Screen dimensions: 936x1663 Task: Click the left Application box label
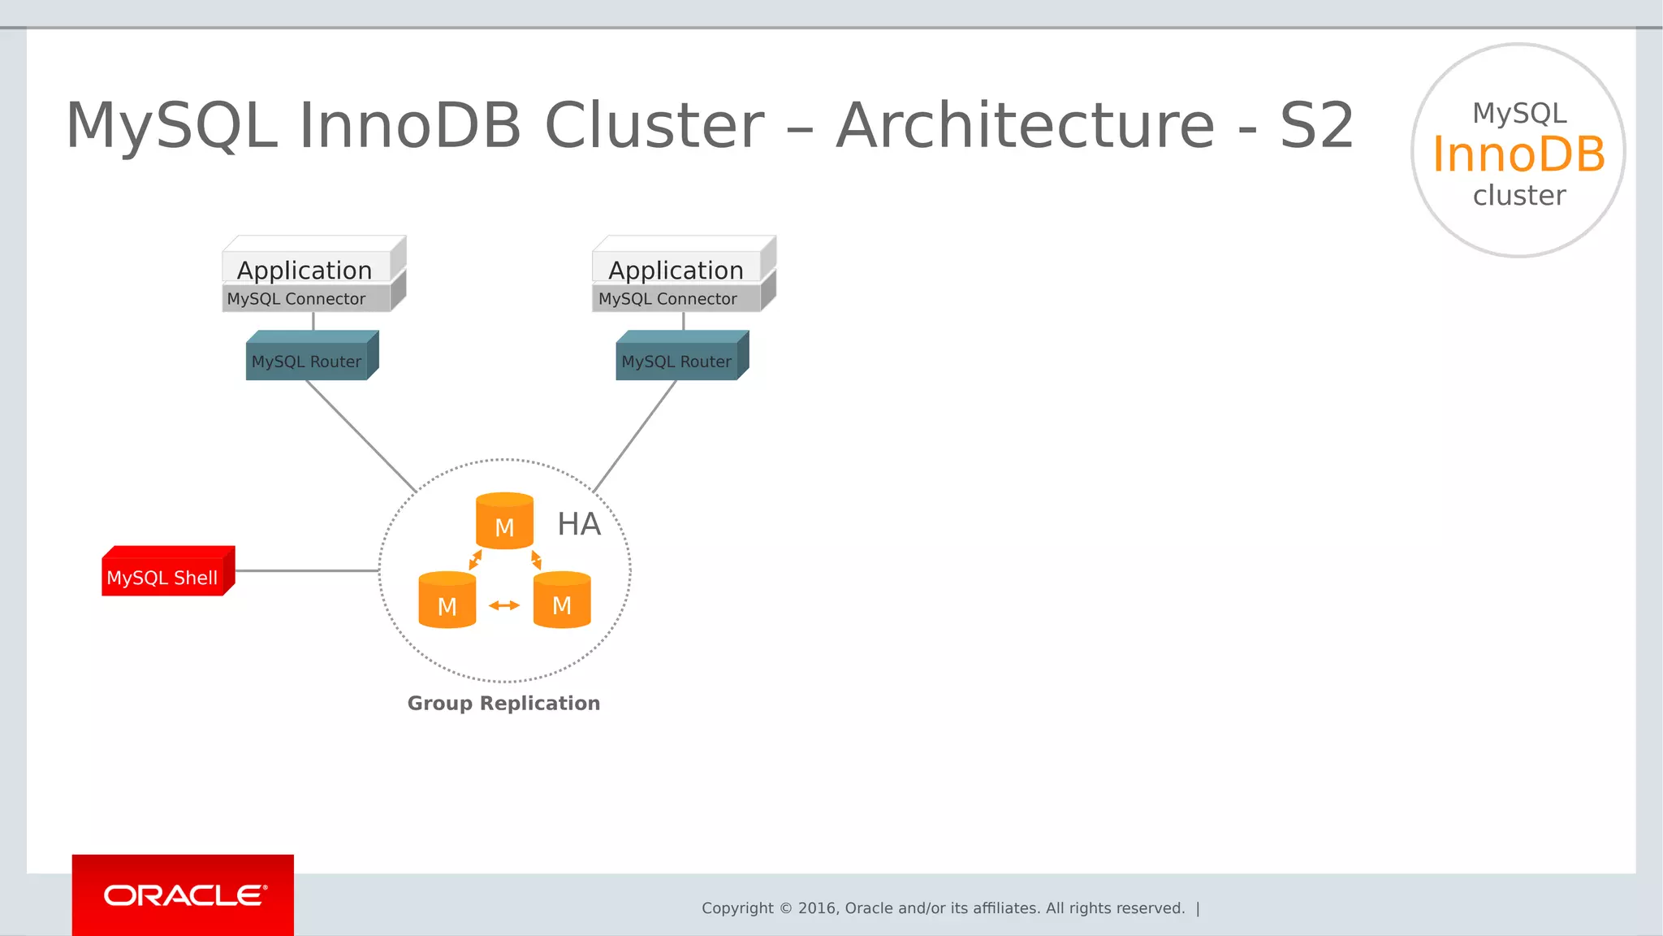[x=305, y=269]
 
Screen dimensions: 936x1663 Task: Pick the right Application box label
[x=676, y=269]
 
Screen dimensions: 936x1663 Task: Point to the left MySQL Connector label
[x=296, y=299]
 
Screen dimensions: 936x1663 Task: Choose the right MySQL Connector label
[x=667, y=299]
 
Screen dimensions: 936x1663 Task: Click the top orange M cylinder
[x=504, y=522]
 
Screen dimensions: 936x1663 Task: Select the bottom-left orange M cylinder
[x=447, y=601]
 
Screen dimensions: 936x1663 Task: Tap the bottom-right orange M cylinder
[x=562, y=601]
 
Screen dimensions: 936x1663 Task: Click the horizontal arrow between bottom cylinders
[x=504, y=605]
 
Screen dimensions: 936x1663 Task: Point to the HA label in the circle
[x=579, y=524]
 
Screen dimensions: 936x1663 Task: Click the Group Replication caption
[x=503, y=703]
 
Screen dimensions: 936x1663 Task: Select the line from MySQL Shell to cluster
[x=307, y=570]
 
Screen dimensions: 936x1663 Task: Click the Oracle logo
[x=184, y=895]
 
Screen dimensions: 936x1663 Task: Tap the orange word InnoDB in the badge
[x=1518, y=154]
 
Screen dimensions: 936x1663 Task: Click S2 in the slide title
[x=1317, y=126]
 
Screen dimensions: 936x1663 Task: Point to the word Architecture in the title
[x=1026, y=126]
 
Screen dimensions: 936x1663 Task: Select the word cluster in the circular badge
[x=1518, y=196]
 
